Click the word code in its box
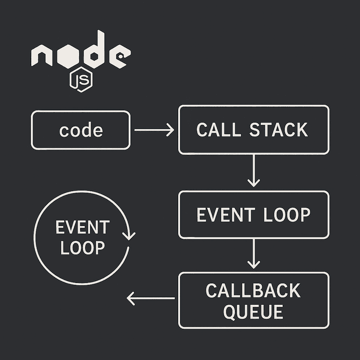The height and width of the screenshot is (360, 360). tap(81, 130)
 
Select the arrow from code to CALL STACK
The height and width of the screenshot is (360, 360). tap(154, 130)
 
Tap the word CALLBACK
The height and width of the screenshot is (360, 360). tap(253, 291)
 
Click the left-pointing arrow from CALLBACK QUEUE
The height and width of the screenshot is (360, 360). tap(150, 298)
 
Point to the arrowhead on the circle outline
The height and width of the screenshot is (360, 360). tap(129, 235)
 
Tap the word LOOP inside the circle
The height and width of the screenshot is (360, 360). tap(82, 248)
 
